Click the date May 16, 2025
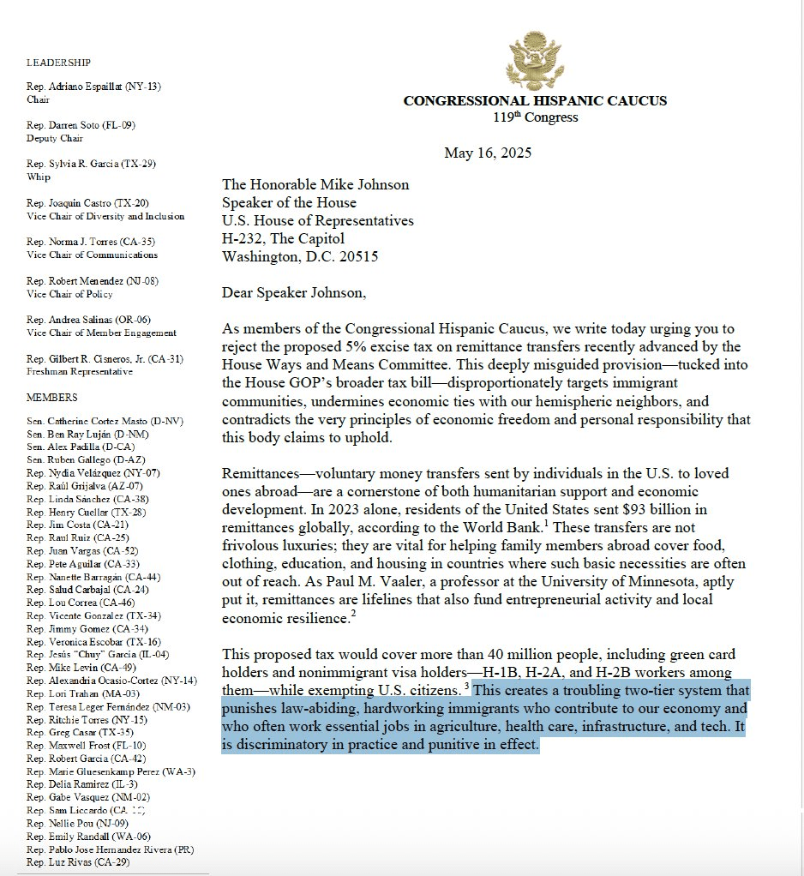click(487, 153)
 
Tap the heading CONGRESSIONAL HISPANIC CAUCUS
click(535, 101)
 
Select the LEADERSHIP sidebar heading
click(58, 63)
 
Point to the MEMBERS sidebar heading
click(51, 398)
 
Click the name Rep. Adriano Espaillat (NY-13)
click(93, 87)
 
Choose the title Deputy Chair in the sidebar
click(55, 138)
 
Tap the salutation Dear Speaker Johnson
click(293, 293)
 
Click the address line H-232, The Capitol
click(283, 238)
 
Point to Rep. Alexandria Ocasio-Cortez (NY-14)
click(111, 680)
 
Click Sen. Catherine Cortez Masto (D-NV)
click(105, 421)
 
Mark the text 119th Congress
click(535, 117)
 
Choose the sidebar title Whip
click(39, 177)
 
